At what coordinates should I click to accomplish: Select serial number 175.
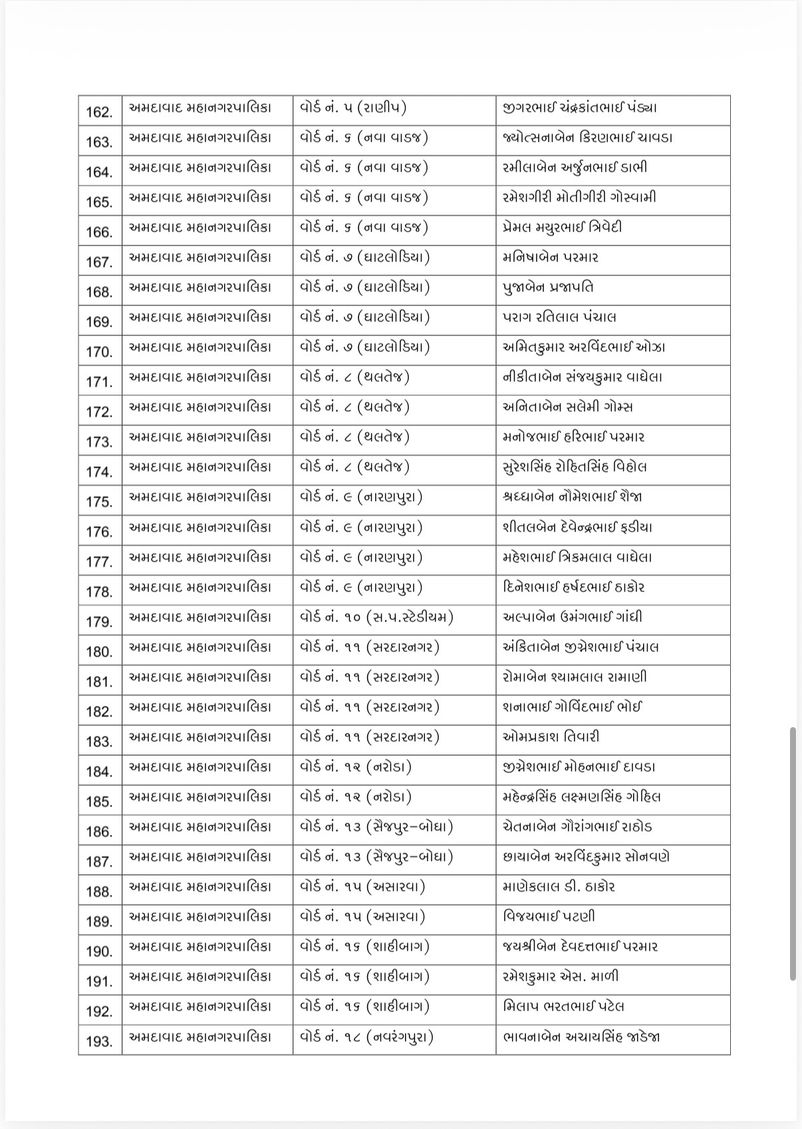99,502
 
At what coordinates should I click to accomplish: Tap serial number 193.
99,1041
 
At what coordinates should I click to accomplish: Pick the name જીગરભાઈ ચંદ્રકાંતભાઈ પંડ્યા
580,108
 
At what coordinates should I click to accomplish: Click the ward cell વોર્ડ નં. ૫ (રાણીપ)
353,108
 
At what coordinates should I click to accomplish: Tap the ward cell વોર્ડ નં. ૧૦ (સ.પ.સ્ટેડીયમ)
377,617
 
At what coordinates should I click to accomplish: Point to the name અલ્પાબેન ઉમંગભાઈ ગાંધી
573,617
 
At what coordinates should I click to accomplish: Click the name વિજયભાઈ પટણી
549,917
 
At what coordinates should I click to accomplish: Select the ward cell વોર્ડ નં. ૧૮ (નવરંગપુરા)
367,1037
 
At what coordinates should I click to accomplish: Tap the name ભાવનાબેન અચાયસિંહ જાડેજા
582,1037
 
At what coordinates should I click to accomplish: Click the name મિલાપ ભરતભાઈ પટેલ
564,1007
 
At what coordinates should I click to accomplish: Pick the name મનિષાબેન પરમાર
551,257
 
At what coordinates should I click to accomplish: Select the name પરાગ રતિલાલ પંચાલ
559,317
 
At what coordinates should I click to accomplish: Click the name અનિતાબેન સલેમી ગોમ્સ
568,407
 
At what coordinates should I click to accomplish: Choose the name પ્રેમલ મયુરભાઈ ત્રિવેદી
563,228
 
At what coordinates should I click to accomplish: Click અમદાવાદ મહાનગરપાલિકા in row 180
200,647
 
